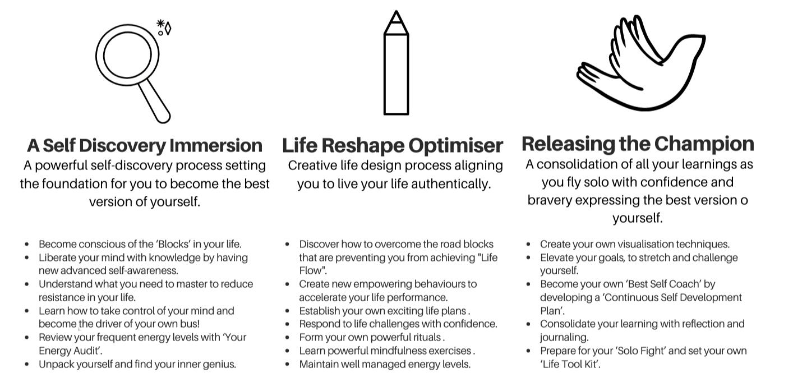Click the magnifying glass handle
[x=154, y=102]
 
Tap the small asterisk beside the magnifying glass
[x=160, y=24]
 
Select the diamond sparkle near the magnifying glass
[x=168, y=29]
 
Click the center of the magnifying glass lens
[x=127, y=55]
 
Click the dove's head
[x=690, y=43]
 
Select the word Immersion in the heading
[x=216, y=145]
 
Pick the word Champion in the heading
[x=704, y=144]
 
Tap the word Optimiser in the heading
[x=455, y=146]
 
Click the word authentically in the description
[x=451, y=184]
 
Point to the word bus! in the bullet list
[x=190, y=324]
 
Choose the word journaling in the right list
[x=564, y=338]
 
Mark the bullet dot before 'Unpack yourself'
[x=27, y=365]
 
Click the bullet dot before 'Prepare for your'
[x=528, y=351]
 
